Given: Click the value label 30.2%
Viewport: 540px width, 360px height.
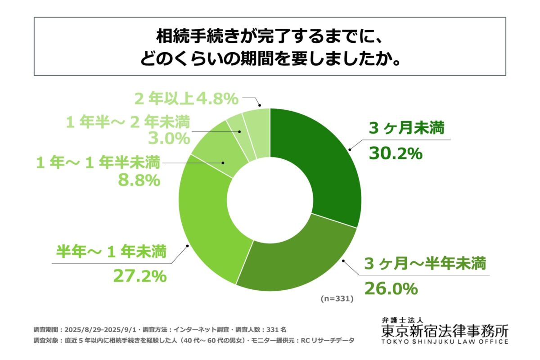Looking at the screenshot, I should [x=396, y=153].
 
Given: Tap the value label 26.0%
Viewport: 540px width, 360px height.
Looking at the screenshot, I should [x=391, y=288].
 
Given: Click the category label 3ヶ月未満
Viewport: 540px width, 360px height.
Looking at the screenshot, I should [x=406, y=129].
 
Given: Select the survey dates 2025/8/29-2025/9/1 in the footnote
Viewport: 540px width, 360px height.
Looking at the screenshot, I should [x=99, y=329].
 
